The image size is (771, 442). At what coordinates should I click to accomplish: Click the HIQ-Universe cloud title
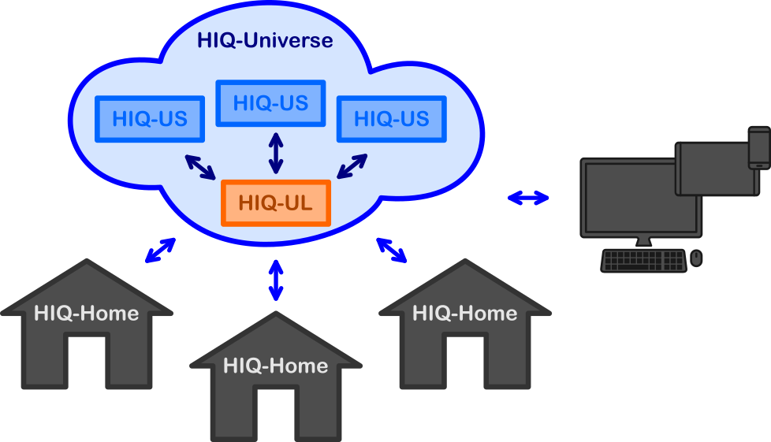pyautogui.click(x=265, y=40)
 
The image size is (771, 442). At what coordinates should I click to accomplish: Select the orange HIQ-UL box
pyautogui.click(x=275, y=203)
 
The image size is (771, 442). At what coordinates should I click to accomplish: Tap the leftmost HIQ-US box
pyautogui.click(x=150, y=119)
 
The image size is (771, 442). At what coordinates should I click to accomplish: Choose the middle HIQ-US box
pyautogui.click(x=270, y=103)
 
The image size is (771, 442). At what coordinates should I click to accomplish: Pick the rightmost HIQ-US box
pyautogui.click(x=391, y=119)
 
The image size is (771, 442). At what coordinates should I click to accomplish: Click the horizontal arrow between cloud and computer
pyautogui.click(x=528, y=199)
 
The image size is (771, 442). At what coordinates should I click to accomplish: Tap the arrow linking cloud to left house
pyautogui.click(x=160, y=250)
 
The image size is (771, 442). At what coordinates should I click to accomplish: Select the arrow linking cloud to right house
pyautogui.click(x=391, y=249)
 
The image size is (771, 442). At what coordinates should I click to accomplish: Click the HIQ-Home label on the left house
pyautogui.click(x=87, y=314)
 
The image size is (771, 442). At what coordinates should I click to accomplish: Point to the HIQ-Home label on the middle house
pyautogui.click(x=275, y=366)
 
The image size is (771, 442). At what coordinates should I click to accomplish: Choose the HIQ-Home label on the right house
pyautogui.click(x=465, y=314)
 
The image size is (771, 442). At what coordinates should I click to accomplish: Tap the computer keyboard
pyautogui.click(x=643, y=260)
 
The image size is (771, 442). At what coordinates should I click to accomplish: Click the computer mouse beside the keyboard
pyautogui.click(x=696, y=258)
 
